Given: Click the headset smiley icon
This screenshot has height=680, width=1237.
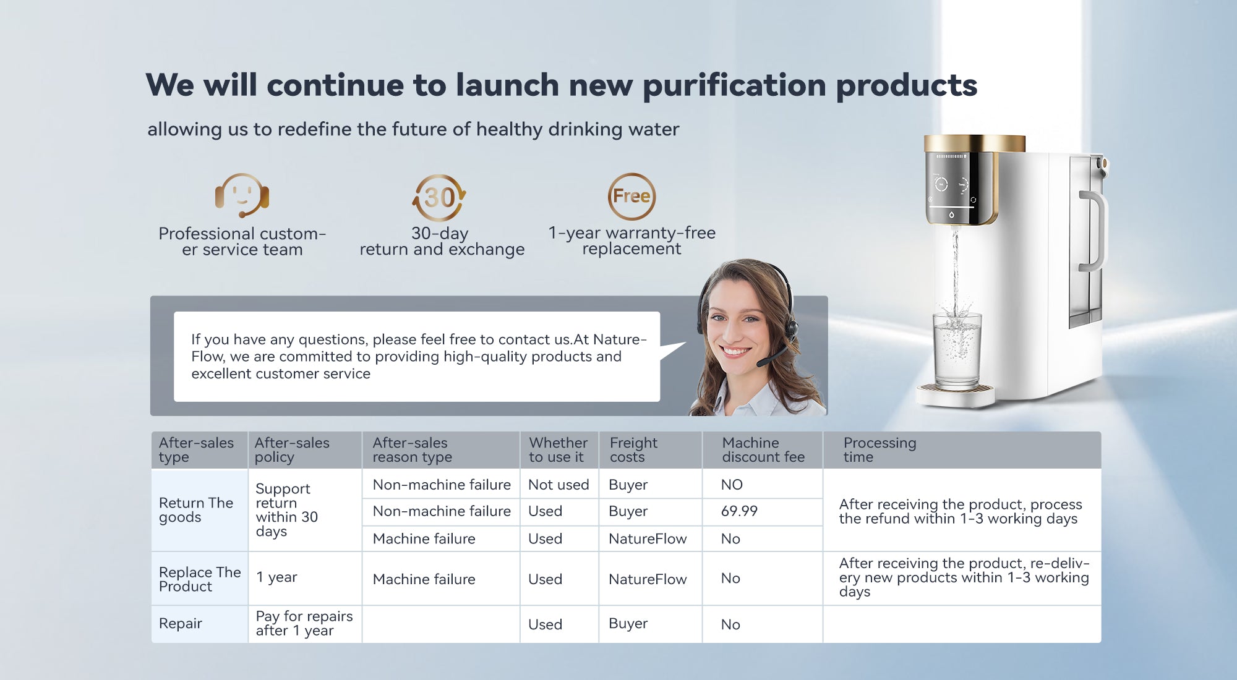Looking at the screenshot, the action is [242, 195].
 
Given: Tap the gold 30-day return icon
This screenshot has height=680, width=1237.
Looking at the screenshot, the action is [439, 197].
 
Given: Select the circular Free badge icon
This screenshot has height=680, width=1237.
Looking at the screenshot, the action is [631, 197].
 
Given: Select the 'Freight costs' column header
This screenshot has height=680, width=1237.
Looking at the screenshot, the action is [633, 450].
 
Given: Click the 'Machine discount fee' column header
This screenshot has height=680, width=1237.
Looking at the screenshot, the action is [763, 450].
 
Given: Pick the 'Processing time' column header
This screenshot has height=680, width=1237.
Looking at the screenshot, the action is [880, 450].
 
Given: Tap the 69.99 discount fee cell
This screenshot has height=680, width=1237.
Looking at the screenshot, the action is [739, 511].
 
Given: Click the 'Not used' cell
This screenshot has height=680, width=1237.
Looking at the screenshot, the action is [559, 485].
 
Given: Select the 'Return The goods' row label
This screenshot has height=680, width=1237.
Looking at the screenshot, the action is [196, 510].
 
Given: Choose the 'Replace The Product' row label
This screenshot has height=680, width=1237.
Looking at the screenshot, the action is [200, 579].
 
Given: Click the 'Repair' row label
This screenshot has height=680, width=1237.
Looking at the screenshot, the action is [181, 623].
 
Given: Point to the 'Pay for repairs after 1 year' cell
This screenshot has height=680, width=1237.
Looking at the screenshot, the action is [304, 623].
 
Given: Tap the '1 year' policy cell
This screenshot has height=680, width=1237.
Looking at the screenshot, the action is [276, 577].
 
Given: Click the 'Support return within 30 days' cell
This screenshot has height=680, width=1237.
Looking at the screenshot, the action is [286, 510].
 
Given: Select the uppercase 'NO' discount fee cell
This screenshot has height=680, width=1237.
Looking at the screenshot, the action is [732, 485].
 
